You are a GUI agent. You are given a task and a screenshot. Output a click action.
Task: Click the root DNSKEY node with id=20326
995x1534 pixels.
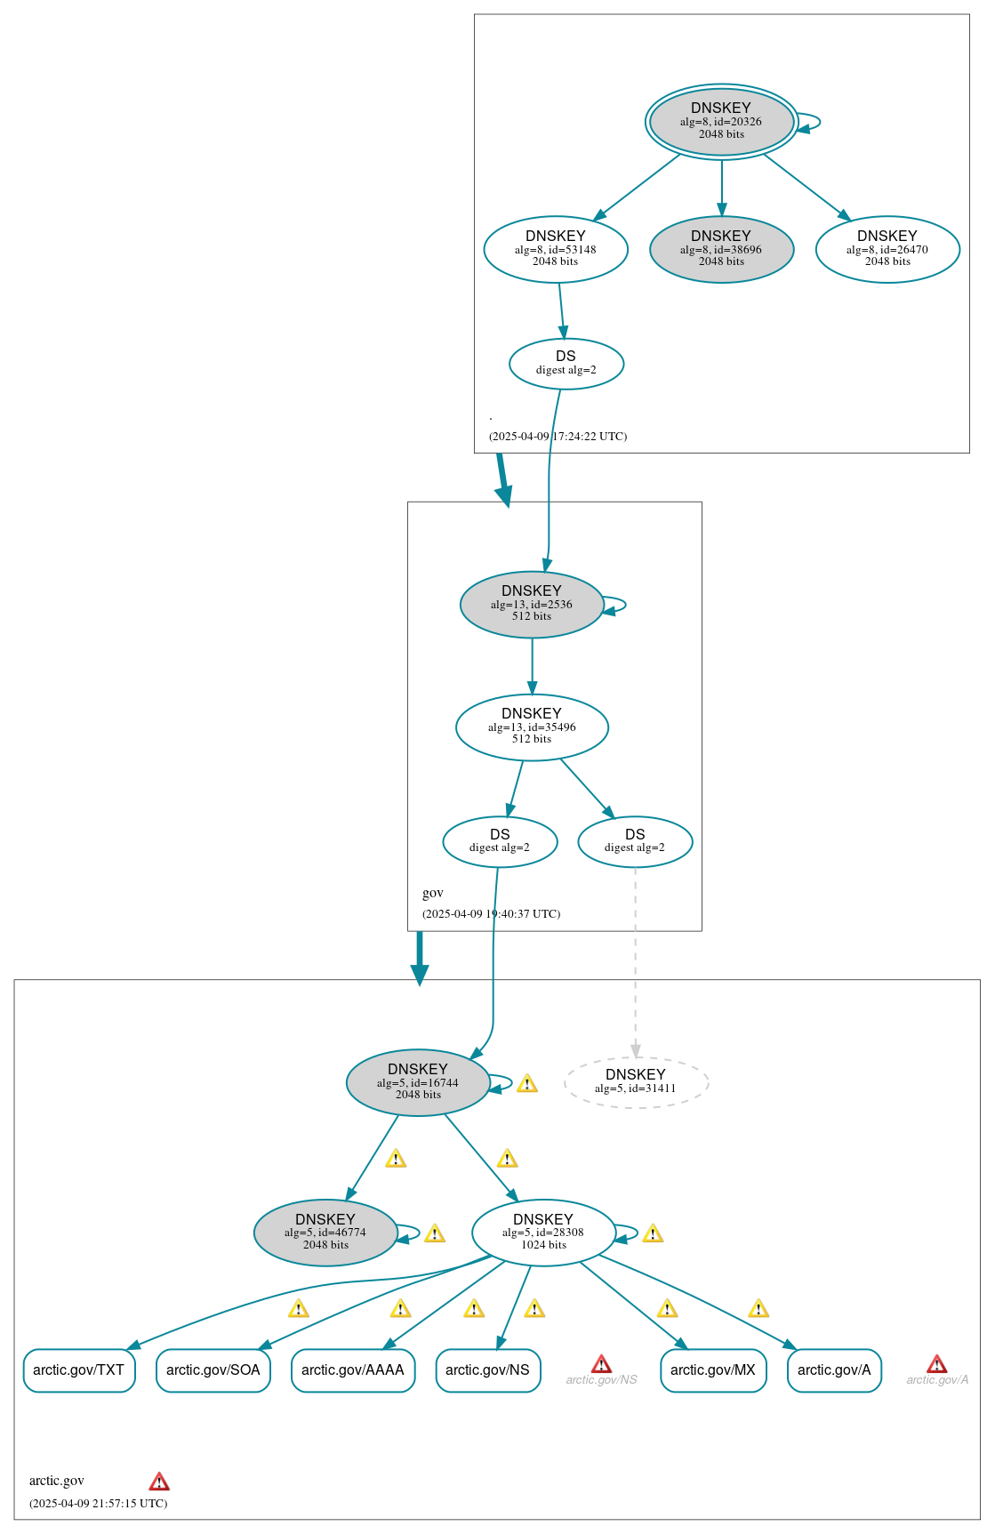point(721,121)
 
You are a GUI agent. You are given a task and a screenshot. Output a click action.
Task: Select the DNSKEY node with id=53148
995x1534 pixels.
point(556,249)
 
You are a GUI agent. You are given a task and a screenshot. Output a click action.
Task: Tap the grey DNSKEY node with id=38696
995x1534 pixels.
point(721,249)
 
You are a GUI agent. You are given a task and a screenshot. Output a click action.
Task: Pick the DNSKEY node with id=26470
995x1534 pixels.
point(887,249)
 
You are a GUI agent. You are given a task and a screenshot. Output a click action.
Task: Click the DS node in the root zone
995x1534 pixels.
point(566,364)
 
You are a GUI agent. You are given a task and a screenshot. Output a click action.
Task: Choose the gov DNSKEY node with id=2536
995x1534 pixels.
point(532,604)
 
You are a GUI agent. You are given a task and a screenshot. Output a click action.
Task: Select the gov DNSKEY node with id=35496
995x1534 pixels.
point(532,727)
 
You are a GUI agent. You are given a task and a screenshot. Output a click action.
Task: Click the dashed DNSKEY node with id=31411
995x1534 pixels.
point(636,1082)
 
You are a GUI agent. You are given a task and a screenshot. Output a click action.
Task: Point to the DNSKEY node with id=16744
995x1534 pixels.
point(418,1082)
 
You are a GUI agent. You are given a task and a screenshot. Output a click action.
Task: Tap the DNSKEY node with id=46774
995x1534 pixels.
point(325,1233)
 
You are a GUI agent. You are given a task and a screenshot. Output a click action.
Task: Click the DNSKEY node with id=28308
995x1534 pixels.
point(543,1233)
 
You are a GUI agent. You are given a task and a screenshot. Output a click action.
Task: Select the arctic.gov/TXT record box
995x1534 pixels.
point(79,1369)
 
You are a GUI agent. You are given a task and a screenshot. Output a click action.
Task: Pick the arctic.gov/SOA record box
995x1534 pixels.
point(213,1369)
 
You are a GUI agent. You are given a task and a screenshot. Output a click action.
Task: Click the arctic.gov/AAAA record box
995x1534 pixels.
point(353,1369)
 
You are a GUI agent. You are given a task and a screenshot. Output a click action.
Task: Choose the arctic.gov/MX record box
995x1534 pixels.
point(713,1369)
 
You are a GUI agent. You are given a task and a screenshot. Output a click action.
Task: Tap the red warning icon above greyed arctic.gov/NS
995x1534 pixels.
point(601,1364)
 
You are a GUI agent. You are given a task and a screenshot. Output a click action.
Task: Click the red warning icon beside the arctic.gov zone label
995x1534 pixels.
point(159,1481)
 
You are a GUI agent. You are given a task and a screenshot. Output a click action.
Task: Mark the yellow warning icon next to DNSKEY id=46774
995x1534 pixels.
point(435,1233)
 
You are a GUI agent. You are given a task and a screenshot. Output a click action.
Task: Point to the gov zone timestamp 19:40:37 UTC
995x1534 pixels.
point(491,914)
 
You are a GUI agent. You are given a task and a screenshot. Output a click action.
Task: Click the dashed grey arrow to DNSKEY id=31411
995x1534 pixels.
point(635,960)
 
